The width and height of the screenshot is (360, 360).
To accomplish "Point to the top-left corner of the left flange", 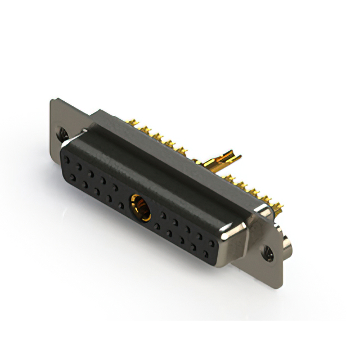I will tap(52, 100).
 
